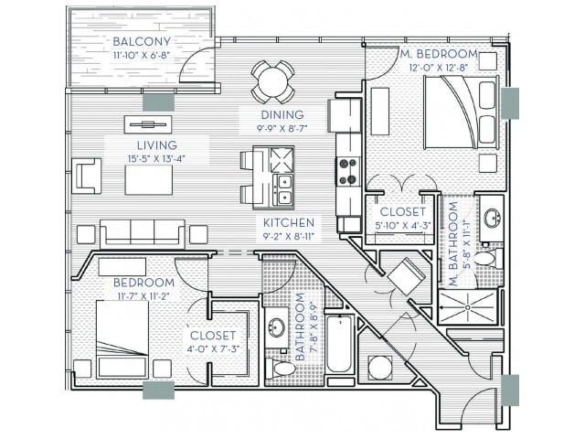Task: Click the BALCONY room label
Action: click(140, 42)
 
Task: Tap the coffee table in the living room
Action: click(148, 179)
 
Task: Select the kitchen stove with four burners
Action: click(348, 171)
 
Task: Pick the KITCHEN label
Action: click(289, 222)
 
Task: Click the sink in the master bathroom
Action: click(491, 219)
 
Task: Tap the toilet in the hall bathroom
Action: click(286, 369)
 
